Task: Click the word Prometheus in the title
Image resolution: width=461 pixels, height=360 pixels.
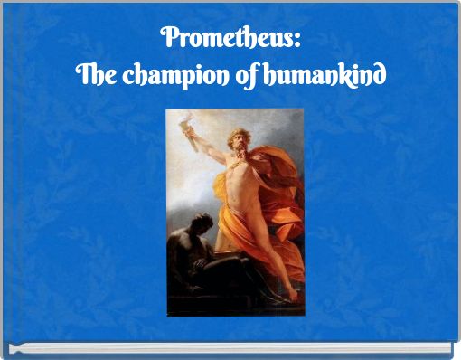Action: [x=227, y=39]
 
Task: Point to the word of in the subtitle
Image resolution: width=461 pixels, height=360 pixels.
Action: [x=247, y=75]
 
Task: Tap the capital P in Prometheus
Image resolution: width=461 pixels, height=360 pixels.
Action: [x=167, y=39]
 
